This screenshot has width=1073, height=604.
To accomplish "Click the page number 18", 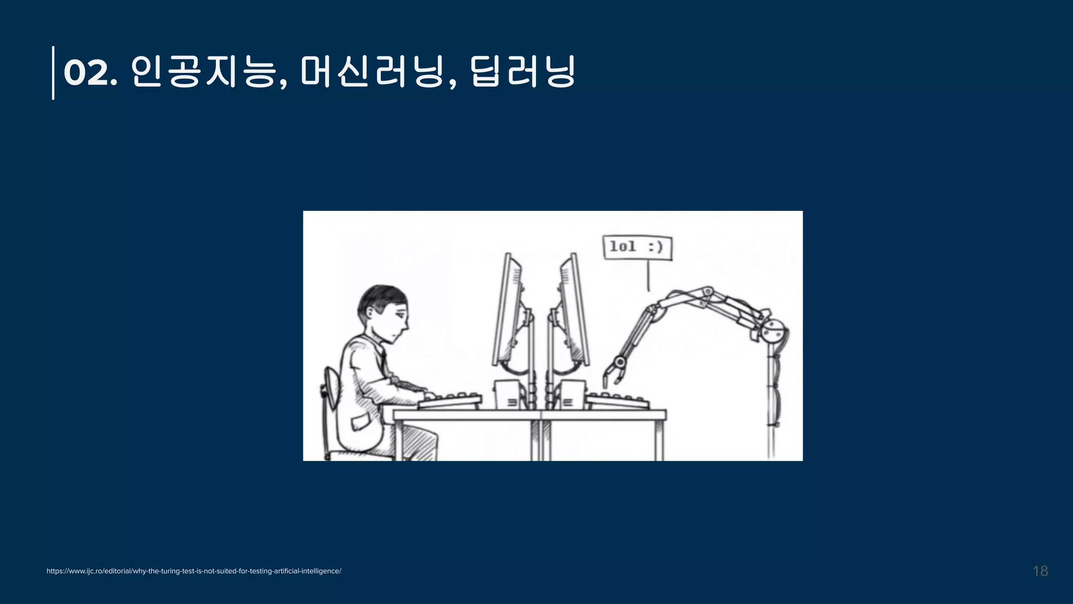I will click(x=1040, y=571).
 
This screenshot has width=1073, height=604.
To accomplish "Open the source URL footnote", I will click(x=194, y=571).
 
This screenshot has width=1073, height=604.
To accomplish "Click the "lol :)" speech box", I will click(x=637, y=247).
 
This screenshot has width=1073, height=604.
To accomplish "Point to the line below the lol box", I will click(x=649, y=276).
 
